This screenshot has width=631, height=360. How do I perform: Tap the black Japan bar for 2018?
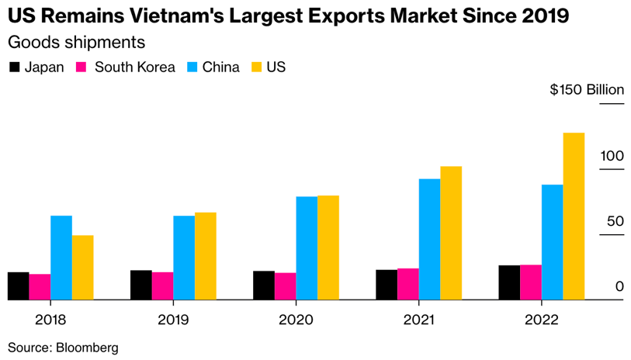pos(19,286)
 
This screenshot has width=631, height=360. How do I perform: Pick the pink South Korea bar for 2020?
pos(285,286)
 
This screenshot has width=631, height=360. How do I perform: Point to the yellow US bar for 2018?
pos(83,267)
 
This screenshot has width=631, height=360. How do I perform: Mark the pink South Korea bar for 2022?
pos(531,282)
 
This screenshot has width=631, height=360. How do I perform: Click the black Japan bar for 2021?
pos(387,284)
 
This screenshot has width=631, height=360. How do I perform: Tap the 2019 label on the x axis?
pos(173,320)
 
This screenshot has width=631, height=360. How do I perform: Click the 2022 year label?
pos(541,320)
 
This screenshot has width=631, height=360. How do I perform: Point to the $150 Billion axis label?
pos(586,90)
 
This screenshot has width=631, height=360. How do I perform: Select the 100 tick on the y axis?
pos(612,156)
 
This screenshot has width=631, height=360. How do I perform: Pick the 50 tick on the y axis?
pos(614,221)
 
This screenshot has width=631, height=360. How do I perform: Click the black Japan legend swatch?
pos(14,67)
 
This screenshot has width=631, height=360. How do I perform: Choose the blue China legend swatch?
pos(192,67)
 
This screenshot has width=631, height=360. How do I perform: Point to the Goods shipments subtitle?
pos(76,42)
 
